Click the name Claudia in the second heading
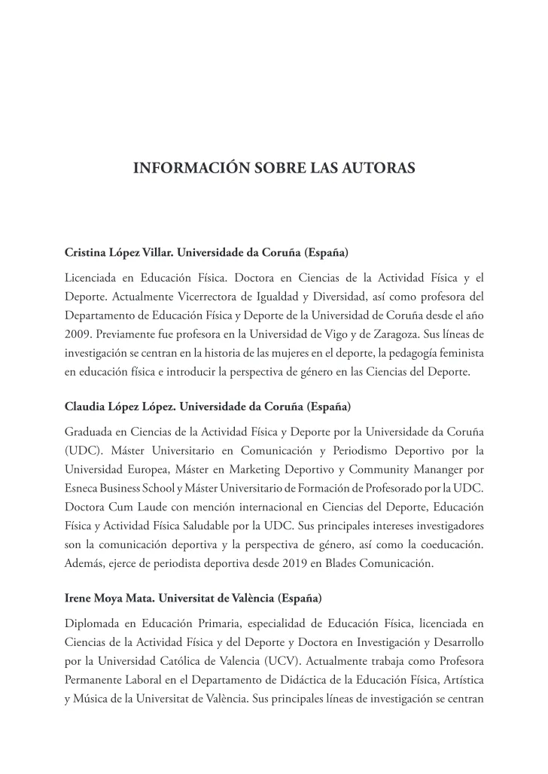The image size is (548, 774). point(85,407)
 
